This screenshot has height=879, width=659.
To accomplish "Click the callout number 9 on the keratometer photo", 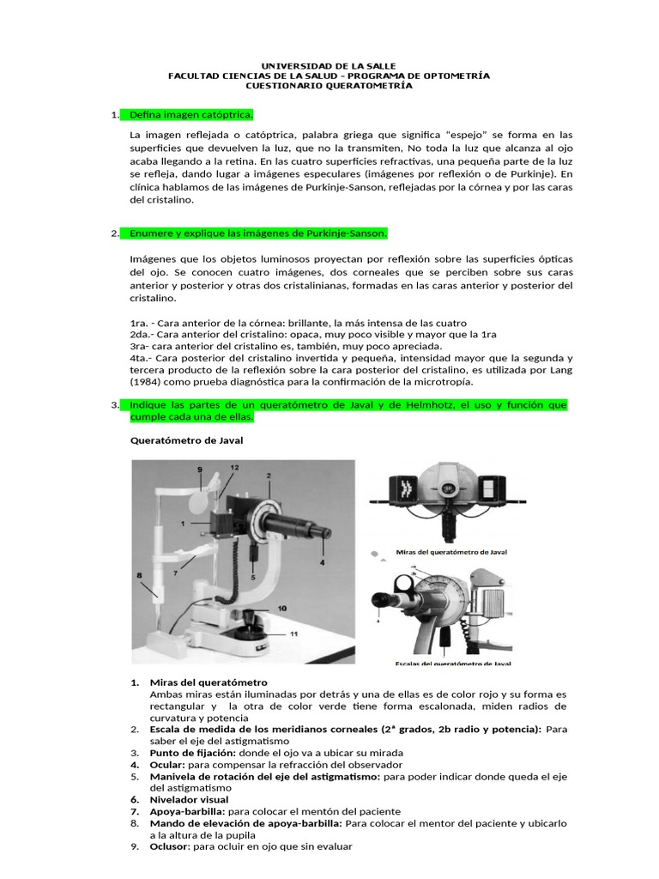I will tap(199, 470).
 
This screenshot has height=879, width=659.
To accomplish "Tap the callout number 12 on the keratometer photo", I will tap(233, 466).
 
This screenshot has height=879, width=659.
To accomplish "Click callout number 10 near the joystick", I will tap(282, 608).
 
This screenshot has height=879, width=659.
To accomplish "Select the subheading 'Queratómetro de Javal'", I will tap(186, 441).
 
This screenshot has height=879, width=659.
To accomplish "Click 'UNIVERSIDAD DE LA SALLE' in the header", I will tap(329, 65).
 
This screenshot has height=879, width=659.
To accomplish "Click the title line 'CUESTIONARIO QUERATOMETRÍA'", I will tap(329, 86).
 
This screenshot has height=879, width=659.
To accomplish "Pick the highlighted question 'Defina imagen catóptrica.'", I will tap(190, 114).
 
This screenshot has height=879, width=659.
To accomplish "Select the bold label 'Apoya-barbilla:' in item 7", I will tap(184, 811).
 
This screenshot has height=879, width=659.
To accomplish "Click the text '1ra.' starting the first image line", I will tap(140, 322).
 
